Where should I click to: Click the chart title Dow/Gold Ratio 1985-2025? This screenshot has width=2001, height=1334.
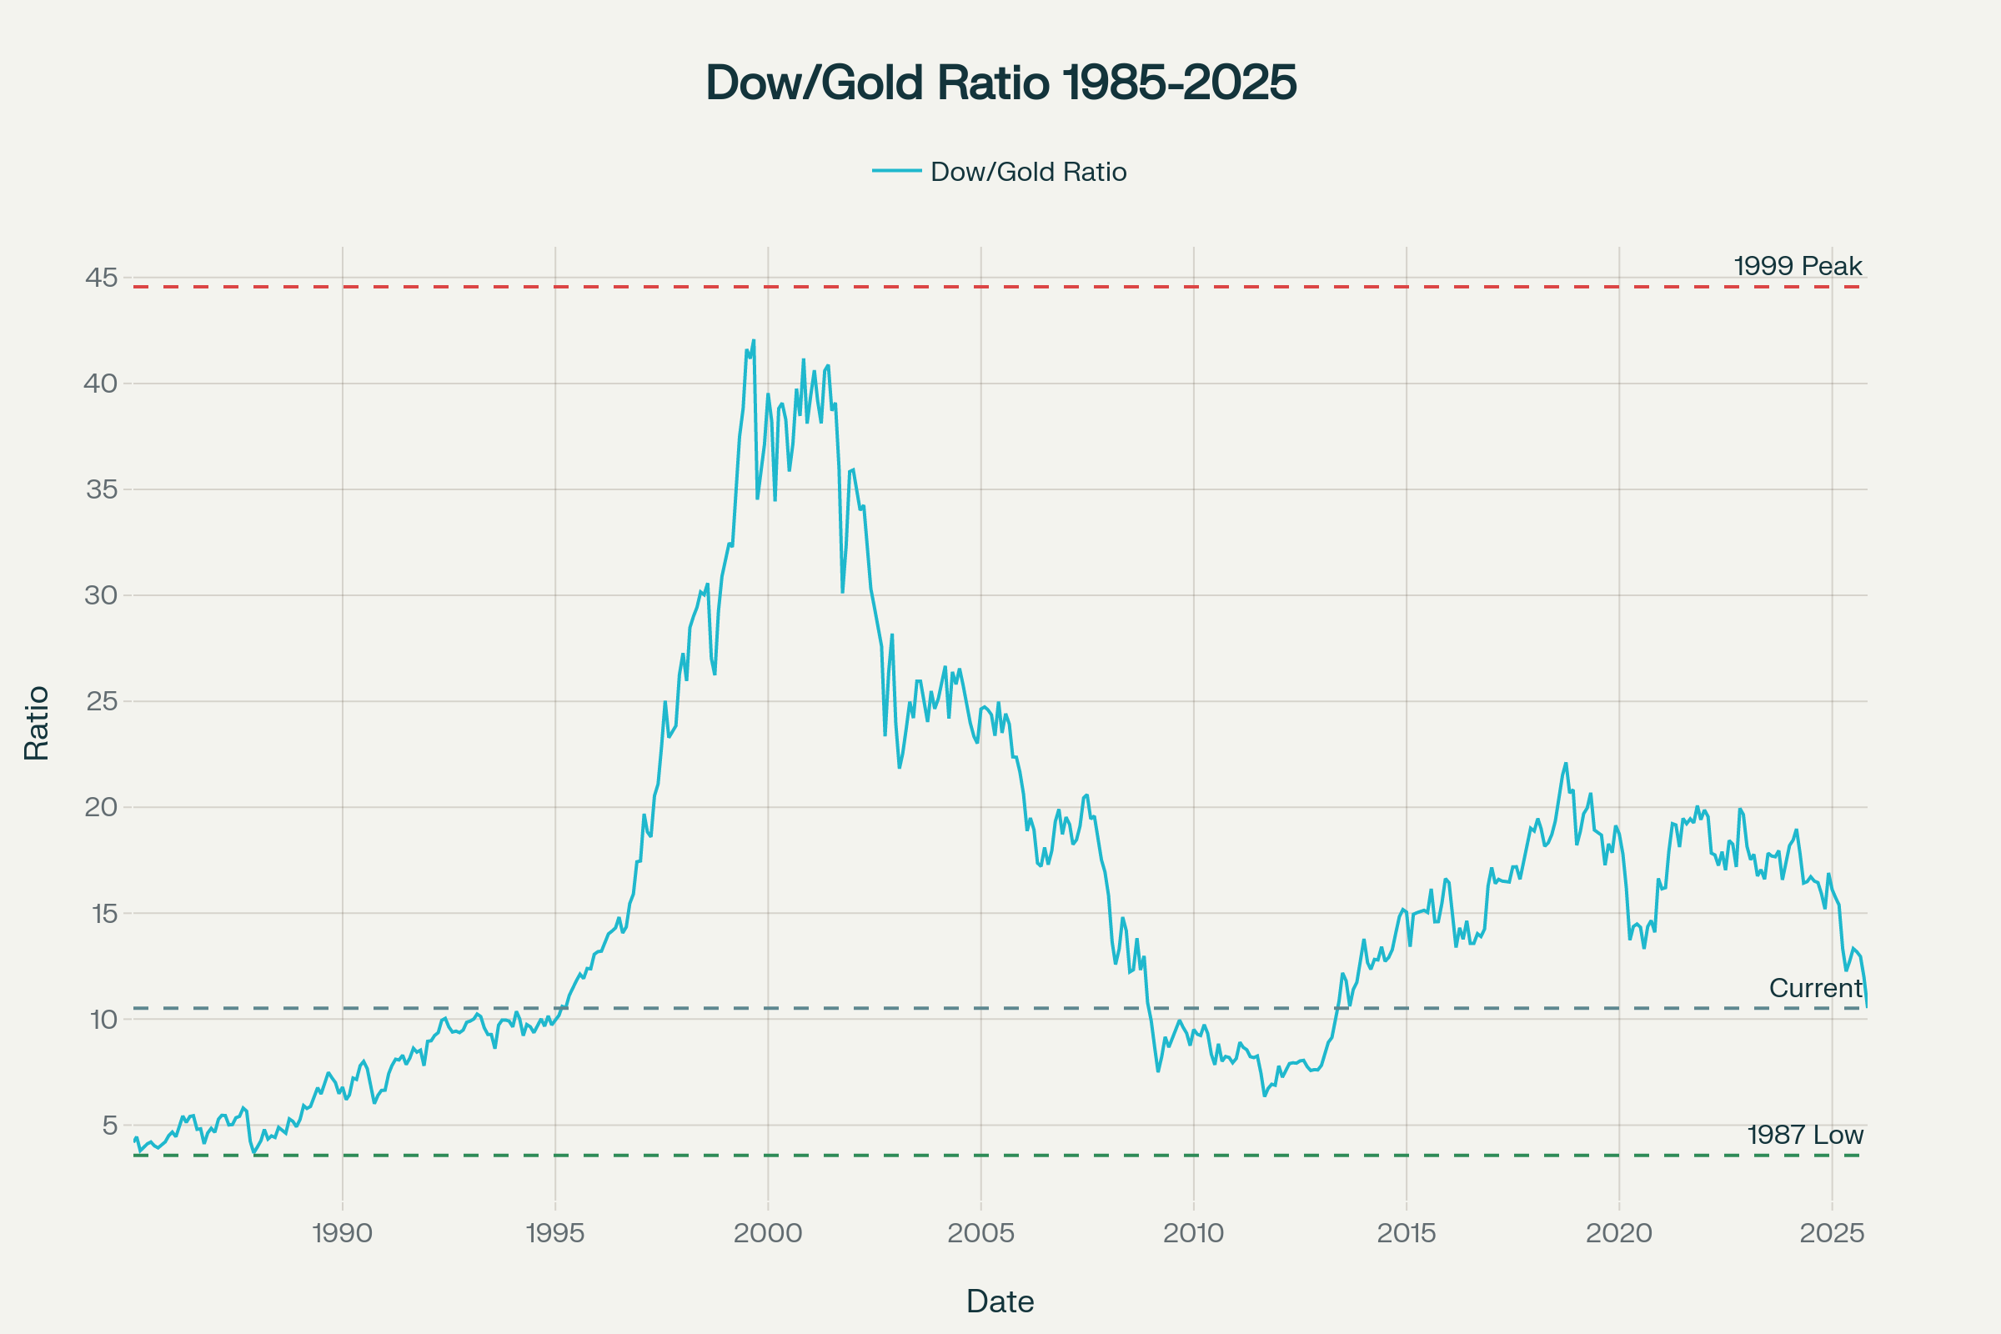pos(1000,83)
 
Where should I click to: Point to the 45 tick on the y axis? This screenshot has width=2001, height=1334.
pos(101,278)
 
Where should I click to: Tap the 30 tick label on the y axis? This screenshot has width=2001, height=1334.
pos(101,595)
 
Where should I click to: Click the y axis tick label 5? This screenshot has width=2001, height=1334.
pos(110,1126)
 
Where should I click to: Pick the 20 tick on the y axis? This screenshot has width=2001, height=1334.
pos(101,807)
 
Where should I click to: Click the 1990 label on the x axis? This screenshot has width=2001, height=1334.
pos(342,1234)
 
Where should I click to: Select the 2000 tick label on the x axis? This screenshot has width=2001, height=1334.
pos(767,1234)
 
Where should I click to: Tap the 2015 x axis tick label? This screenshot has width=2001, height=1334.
pos(1407,1234)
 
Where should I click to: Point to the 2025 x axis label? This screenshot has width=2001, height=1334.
pos(1832,1234)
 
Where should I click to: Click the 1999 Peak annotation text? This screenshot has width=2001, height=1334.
pos(1798,266)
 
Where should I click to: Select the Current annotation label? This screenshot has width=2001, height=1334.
pos(1816,988)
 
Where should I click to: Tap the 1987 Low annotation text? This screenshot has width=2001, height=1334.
pos(1805,1135)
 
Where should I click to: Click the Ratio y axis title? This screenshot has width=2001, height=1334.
pos(37,723)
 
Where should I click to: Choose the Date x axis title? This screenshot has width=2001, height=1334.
pos(1000,1301)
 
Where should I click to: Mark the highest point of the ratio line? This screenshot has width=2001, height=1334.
pos(753,340)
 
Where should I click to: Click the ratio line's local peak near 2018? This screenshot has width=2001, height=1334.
pos(1566,763)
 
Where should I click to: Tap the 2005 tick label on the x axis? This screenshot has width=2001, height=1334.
pos(981,1234)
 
